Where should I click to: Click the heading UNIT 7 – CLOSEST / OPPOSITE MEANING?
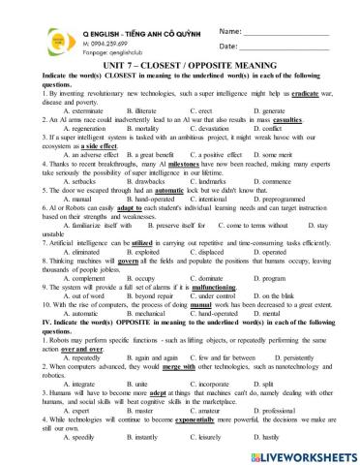[x=179, y=64]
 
